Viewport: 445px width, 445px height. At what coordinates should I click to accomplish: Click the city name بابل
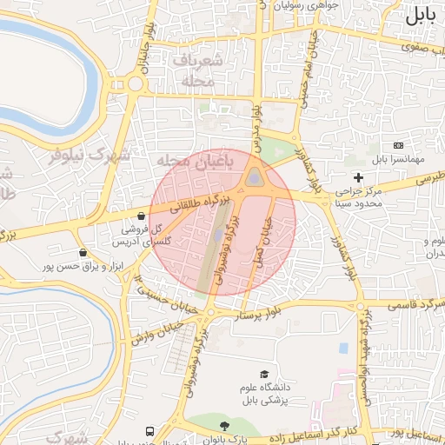coord(420,15)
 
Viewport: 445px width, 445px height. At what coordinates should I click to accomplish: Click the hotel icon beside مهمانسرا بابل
coord(399,144)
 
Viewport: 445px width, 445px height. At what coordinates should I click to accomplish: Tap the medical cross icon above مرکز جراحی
coord(358,177)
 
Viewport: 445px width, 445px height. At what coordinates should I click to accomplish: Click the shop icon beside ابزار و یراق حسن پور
coord(83,253)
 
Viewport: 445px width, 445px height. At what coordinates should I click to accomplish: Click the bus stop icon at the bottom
coord(149,431)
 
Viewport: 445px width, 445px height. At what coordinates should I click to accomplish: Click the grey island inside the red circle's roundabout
coord(253,178)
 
